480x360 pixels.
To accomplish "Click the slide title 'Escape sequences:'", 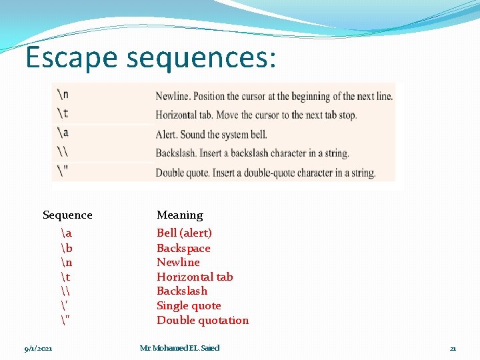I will coord(150,59).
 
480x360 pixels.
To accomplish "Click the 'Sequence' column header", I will coord(67,215).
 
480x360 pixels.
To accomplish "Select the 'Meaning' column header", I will coord(179,215).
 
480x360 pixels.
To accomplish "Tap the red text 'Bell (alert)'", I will coord(184,233).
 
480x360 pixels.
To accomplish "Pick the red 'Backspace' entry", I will coord(183,248).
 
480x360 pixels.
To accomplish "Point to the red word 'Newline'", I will coord(178,262).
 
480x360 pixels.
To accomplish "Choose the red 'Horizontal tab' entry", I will coord(195,277).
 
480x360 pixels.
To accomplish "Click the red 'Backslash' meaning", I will coord(182,291).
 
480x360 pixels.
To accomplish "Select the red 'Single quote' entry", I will coord(189,305).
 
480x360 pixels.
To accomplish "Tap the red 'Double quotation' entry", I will coord(203,320).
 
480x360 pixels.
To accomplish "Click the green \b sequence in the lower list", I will coord(66,248).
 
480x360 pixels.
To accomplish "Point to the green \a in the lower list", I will coord(66,233).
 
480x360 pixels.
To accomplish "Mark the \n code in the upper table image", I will coord(63,94).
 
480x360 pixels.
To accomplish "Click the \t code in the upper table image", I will coord(63,113).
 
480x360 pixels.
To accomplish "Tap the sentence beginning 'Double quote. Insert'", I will coord(265,173).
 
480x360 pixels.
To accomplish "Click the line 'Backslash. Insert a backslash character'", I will coord(252,153).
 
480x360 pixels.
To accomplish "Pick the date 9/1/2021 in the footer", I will coord(39,348).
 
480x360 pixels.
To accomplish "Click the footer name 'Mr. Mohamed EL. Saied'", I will coord(179,348).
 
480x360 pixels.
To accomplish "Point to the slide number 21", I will coord(453,348).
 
